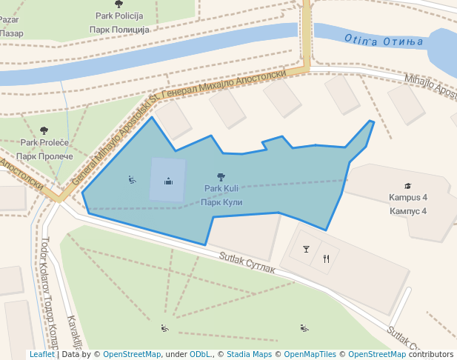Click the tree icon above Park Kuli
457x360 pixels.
point(220,176)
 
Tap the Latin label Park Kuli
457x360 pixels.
point(221,189)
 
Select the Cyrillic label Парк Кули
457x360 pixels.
point(221,201)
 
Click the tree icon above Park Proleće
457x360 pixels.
point(44,130)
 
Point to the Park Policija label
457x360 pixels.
point(119,16)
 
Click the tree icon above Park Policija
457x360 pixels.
point(119,3)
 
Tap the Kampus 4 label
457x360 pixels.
point(408,198)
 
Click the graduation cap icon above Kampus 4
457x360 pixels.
point(408,186)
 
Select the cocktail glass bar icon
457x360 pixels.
point(306,248)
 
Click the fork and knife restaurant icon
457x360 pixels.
point(326,259)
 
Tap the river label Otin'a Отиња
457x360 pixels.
point(383,41)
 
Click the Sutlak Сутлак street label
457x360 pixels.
point(247,263)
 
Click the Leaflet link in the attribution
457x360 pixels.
point(41,355)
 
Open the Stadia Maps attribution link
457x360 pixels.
point(249,355)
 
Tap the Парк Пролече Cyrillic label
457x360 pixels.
point(44,156)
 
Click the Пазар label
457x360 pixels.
point(11,33)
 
